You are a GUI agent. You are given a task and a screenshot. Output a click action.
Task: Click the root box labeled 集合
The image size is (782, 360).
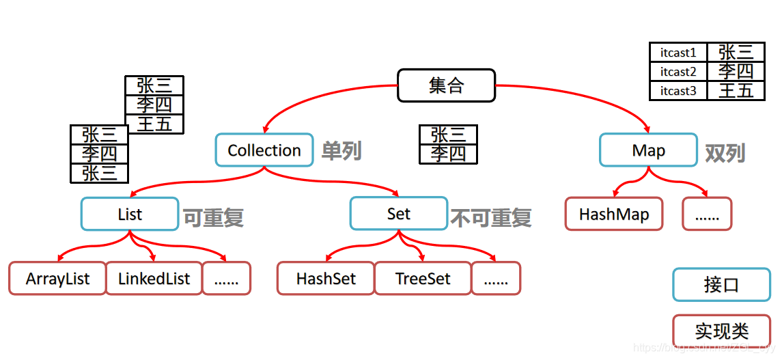tap(446, 85)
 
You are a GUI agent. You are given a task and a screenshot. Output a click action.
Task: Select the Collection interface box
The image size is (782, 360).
tap(264, 150)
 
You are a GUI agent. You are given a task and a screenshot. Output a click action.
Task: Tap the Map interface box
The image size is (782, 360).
tap(648, 150)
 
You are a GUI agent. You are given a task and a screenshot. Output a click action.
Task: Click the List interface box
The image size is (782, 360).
tap(130, 214)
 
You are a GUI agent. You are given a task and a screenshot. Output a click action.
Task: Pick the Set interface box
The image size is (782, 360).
tap(398, 214)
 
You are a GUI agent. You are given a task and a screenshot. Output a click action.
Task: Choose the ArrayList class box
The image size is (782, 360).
tap(58, 279)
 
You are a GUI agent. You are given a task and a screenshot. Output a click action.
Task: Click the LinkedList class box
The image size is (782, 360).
tap(154, 279)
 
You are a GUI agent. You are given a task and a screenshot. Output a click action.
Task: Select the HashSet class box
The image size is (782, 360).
tap(326, 279)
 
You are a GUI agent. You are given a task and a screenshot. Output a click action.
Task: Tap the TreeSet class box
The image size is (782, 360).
tap(423, 279)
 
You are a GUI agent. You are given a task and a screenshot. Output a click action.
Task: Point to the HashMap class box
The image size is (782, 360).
tap(614, 214)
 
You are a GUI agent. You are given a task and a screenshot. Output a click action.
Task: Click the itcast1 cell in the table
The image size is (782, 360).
tap(678, 53)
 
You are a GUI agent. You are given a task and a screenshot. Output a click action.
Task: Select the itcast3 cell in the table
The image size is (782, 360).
tap(678, 90)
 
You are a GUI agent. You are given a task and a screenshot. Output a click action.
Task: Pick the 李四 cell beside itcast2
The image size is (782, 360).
tap(736, 71)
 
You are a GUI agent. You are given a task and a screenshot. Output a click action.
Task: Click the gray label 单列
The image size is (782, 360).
tap(341, 151)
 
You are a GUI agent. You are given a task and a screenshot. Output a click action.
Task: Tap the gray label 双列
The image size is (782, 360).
tap(725, 153)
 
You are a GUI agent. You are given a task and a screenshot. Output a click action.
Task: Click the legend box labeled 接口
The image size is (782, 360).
tap(721, 285)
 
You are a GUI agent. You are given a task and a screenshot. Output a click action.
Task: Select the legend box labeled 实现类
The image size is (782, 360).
tap(721, 331)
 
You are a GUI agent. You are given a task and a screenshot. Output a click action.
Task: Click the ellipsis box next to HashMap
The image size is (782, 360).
tap(707, 214)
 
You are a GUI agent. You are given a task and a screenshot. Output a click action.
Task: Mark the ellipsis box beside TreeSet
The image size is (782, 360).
tap(496, 279)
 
